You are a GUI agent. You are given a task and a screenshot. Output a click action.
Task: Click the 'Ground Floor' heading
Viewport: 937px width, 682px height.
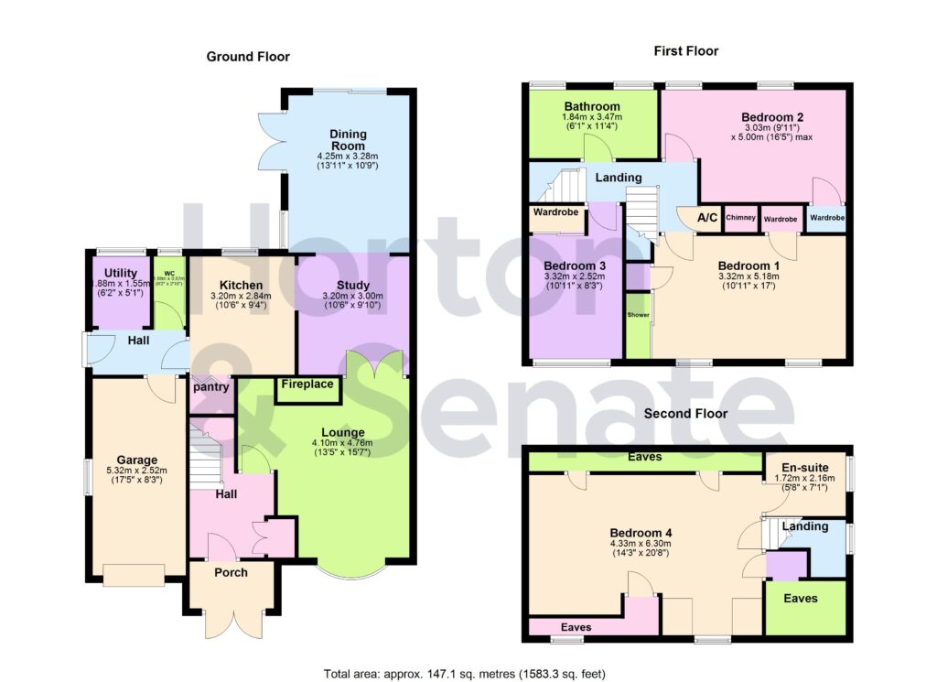[248, 57]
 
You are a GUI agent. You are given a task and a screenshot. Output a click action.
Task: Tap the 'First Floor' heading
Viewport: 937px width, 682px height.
[685, 51]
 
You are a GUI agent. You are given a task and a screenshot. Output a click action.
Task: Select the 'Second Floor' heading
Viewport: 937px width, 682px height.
[685, 414]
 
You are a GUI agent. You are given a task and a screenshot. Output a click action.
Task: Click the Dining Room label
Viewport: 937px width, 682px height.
[348, 140]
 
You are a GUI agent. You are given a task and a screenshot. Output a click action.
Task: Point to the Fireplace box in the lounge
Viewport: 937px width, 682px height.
[307, 385]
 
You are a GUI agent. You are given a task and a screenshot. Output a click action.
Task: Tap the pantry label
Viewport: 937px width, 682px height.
[210, 387]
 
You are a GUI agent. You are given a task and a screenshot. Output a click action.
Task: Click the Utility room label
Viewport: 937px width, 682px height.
[121, 273]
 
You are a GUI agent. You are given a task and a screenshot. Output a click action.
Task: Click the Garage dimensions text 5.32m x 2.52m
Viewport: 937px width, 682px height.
[138, 472]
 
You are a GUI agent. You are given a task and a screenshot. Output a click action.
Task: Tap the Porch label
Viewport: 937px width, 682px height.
[232, 572]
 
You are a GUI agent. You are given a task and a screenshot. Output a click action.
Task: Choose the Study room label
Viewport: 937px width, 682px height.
[353, 285]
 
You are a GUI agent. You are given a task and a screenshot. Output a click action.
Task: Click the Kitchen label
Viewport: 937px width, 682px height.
[240, 286]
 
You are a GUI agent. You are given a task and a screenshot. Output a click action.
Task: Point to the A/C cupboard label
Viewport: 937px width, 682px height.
[707, 218]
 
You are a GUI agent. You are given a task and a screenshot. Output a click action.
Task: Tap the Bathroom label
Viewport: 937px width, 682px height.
[591, 106]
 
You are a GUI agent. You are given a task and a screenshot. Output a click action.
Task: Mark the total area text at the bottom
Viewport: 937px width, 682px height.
[465, 673]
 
